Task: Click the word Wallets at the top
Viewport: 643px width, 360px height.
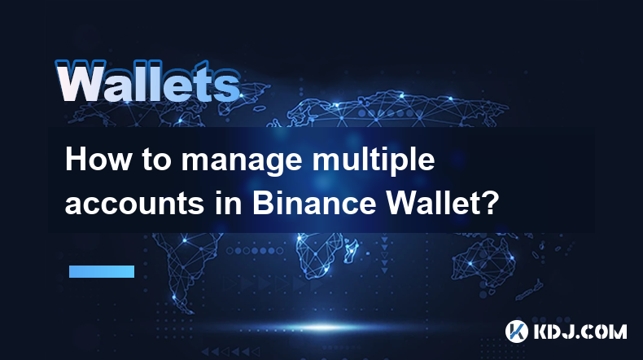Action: (147, 81)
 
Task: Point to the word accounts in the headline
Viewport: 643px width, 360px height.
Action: (135, 204)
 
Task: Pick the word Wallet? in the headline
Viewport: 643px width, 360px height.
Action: (443, 203)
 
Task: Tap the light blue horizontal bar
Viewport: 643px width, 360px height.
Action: (102, 271)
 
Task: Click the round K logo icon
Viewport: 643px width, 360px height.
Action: (516, 331)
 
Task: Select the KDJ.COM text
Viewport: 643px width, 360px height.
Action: (580, 331)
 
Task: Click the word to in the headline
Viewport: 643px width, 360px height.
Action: (156, 160)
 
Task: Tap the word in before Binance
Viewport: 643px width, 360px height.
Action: (229, 203)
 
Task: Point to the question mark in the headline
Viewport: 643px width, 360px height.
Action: (491, 203)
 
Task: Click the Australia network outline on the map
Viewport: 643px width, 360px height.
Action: (484, 260)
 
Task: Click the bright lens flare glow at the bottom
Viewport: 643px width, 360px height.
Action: (323, 327)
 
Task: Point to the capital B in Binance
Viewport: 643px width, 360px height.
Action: (261, 203)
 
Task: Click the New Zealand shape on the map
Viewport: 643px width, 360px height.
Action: (531, 289)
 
